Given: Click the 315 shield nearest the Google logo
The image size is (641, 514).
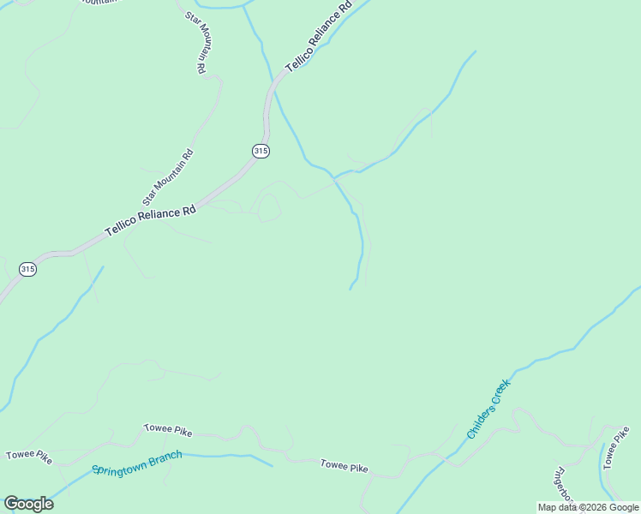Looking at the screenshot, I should coord(28,269).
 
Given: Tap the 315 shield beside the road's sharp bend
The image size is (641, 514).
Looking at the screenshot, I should coord(261,151).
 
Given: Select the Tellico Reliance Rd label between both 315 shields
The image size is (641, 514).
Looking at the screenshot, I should coord(151,220).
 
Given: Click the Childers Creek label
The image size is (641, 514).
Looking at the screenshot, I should coord(488,409).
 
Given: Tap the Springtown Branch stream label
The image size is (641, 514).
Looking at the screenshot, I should coord(137,463).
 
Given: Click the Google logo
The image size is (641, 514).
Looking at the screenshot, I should coord(28,504).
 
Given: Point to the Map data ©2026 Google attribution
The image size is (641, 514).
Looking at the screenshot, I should coord(588,507).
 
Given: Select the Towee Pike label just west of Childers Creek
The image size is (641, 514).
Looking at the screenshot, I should coord(344,467).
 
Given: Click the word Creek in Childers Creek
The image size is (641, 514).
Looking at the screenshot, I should coord(499,395).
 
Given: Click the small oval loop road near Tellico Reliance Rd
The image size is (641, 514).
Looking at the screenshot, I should coord(268,208).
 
